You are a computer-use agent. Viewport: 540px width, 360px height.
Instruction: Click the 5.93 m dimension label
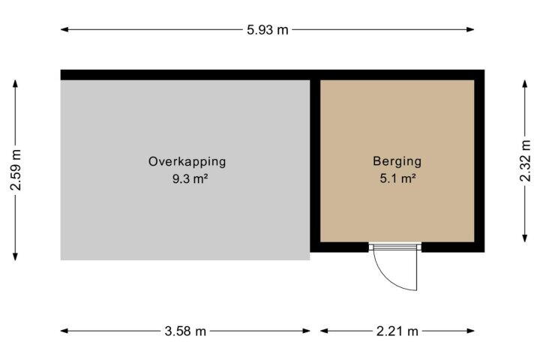267,30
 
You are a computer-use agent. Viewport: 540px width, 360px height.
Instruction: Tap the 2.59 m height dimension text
16,170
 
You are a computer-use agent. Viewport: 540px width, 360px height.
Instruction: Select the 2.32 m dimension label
525,160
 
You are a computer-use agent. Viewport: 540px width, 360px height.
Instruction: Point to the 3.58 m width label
185,331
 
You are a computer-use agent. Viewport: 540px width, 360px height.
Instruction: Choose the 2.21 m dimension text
397,331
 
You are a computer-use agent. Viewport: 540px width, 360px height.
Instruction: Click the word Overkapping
187,161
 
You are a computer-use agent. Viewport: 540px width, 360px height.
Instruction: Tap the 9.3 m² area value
190,178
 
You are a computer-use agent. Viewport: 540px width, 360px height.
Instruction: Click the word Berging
397,161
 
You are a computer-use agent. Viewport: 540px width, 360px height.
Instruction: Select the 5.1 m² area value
397,178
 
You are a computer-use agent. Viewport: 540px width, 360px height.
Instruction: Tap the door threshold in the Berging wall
395,247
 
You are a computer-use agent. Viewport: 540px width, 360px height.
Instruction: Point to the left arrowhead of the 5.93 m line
64,30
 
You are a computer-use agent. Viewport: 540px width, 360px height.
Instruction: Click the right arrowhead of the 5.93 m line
470,30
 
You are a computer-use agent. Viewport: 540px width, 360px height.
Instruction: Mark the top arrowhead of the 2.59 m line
15,84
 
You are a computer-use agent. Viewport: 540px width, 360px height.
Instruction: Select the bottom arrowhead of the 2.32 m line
524,238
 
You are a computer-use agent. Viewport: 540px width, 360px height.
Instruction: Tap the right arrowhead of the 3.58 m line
306,331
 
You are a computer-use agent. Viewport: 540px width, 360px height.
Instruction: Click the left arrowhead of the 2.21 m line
325,331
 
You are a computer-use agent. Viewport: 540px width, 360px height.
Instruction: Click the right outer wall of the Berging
479,161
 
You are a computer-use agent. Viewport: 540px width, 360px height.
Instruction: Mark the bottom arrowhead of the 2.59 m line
15,256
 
